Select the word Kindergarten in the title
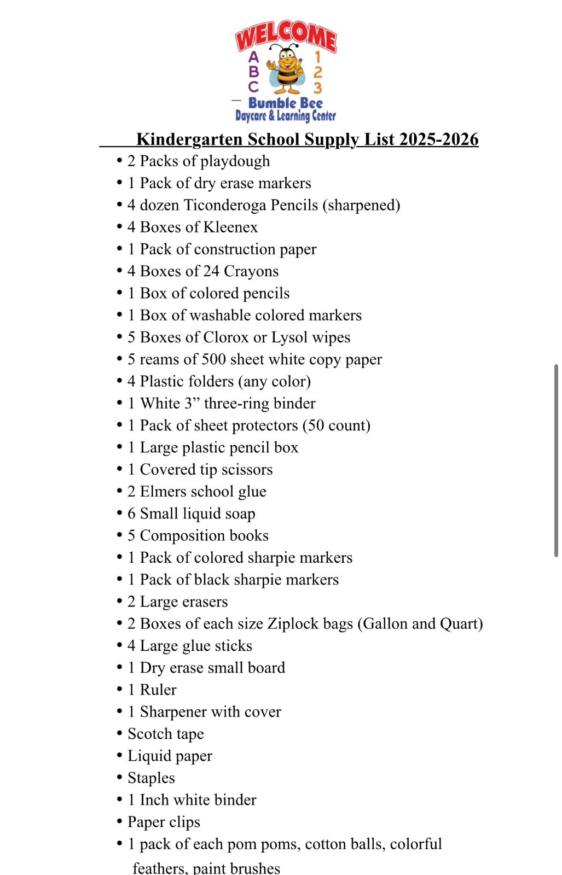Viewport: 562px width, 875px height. pos(189,139)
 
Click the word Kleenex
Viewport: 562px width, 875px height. pos(230,227)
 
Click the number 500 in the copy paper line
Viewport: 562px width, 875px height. pos(213,359)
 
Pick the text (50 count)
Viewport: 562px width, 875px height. pos(336,425)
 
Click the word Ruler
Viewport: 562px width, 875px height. pos(158,690)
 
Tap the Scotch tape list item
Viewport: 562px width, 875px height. pos(165,734)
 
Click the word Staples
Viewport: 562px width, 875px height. pos(151,778)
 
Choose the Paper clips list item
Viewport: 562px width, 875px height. pos(164,822)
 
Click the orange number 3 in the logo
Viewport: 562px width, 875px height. pos(317,87)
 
